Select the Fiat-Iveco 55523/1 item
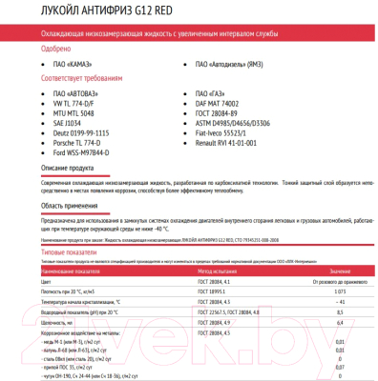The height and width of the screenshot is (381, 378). pyautogui.click(x=226, y=133)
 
